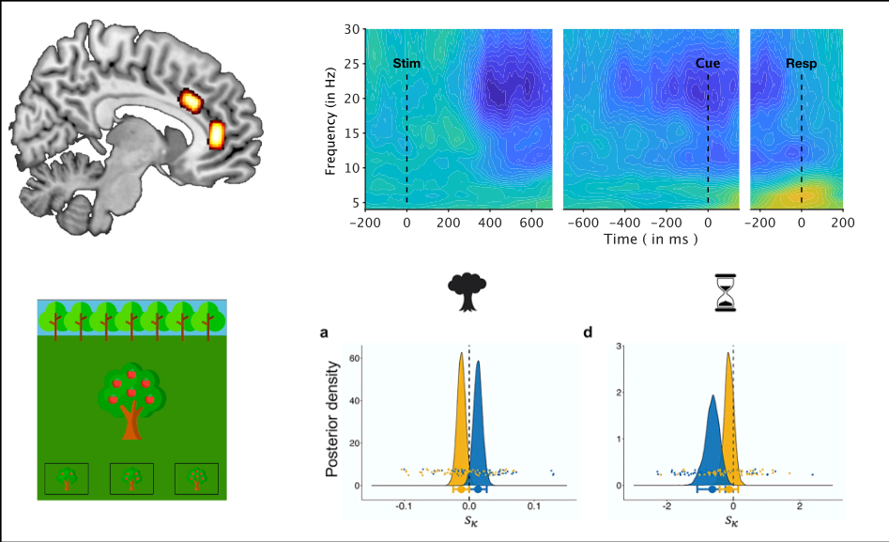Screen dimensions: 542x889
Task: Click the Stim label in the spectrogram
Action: (406, 64)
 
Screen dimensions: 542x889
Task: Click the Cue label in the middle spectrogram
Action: (708, 64)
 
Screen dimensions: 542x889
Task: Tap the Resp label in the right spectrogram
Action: (801, 64)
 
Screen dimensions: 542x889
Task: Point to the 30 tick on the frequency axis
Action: (354, 29)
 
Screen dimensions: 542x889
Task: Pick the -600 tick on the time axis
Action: (584, 225)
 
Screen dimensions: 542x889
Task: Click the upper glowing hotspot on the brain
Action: (192, 100)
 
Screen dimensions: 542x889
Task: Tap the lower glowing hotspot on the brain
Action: (217, 134)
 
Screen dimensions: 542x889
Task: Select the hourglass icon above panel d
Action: (723, 291)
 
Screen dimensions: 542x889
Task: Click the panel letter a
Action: (326, 333)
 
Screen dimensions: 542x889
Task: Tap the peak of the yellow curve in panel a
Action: (461, 353)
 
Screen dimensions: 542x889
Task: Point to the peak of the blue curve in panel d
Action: (713, 395)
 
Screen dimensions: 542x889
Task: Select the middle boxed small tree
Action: (131, 478)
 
